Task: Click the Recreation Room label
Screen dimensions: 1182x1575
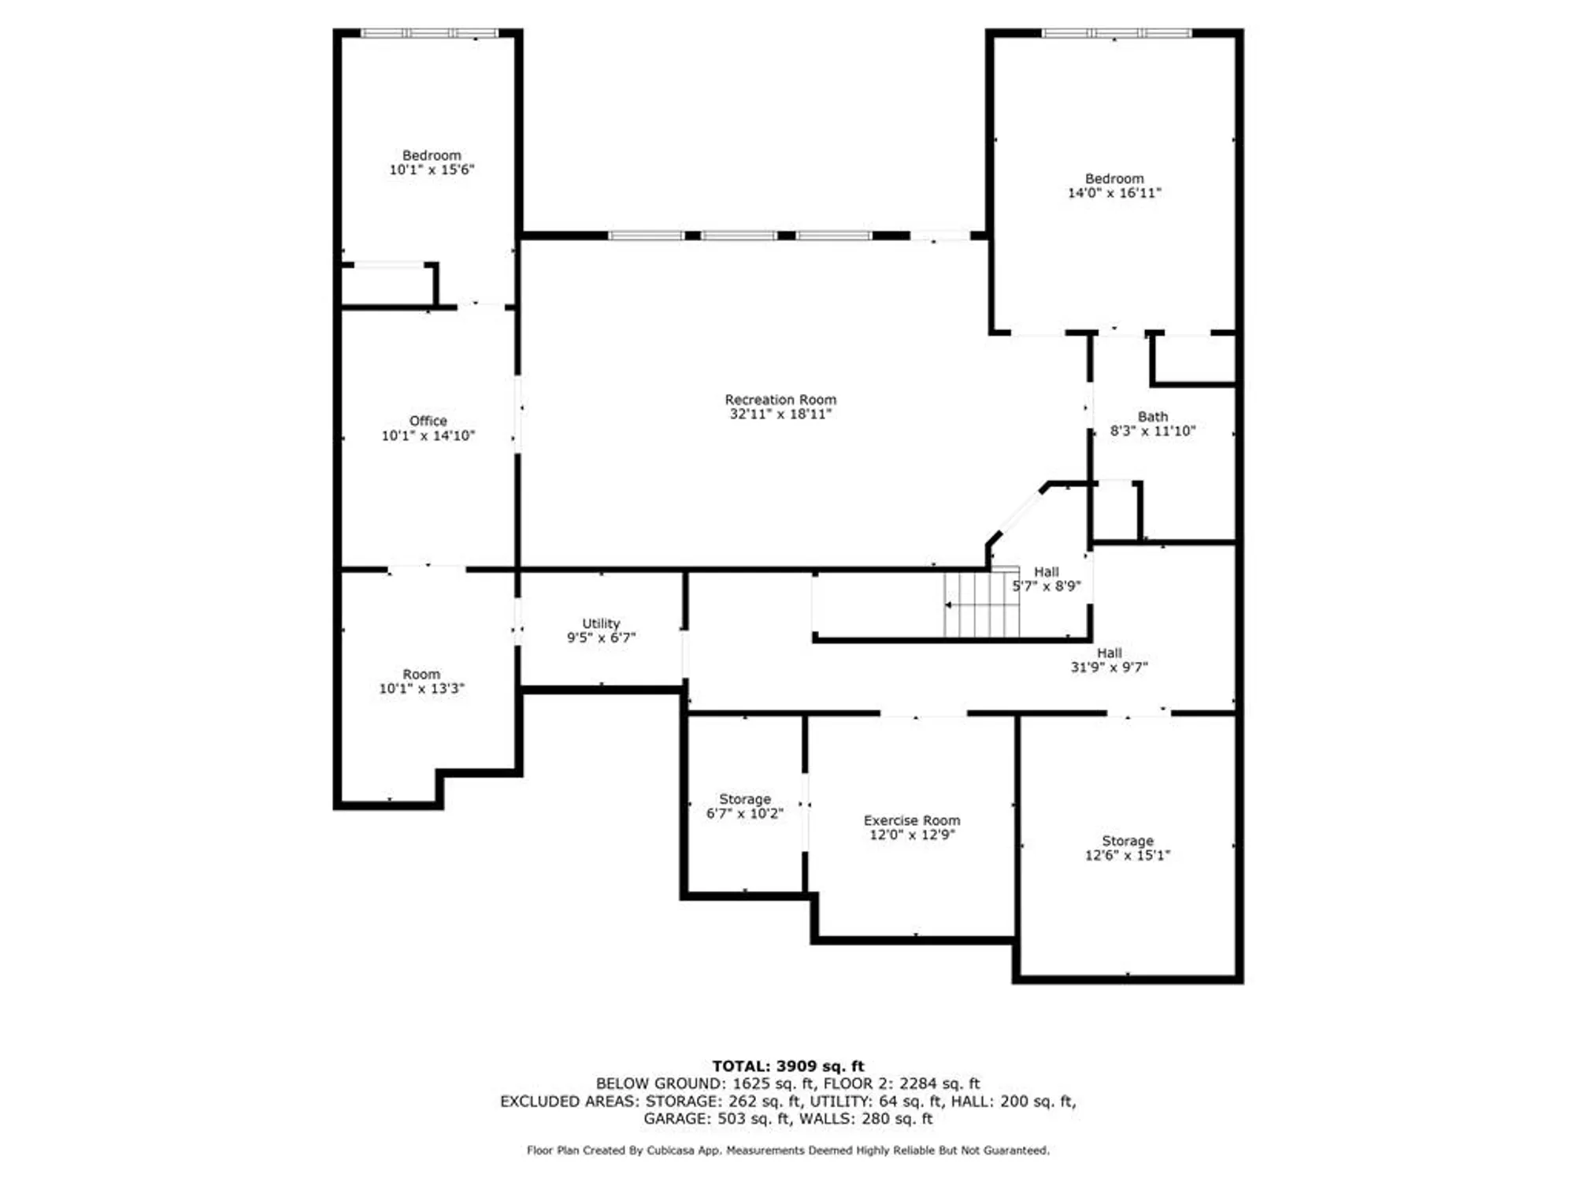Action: click(780, 400)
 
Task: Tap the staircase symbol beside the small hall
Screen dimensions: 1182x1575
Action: click(981, 604)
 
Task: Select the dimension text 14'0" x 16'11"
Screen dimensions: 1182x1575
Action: click(1114, 193)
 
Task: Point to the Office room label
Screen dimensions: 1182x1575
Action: click(428, 421)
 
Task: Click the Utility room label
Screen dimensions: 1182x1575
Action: click(601, 623)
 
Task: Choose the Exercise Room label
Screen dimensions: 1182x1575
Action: click(911, 820)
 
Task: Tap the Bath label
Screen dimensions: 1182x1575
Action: click(1152, 416)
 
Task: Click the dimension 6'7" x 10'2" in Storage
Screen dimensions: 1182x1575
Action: click(744, 813)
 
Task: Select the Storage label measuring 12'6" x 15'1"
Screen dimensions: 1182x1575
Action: click(1127, 841)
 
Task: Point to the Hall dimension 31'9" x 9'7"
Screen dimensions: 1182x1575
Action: click(1109, 667)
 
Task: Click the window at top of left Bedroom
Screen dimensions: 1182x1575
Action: click(429, 33)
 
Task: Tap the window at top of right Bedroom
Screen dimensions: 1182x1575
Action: click(1116, 33)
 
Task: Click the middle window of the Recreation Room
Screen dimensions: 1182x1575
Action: click(739, 236)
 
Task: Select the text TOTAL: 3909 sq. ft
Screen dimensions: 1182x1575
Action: click(787, 1066)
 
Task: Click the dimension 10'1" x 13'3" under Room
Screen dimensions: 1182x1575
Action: click(421, 689)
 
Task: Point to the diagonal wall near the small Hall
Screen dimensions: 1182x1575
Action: click(1018, 514)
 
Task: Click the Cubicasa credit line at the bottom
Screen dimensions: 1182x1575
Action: click(787, 1150)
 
